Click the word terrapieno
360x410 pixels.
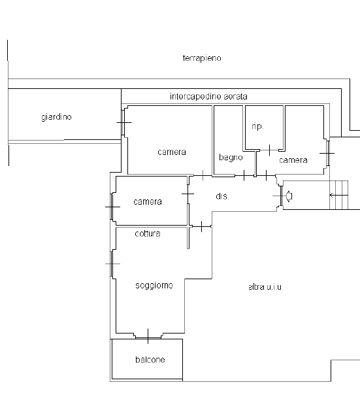pyautogui.click(x=202, y=58)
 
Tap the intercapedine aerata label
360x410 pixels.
pyautogui.click(x=208, y=97)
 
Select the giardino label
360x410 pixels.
pyautogui.click(x=56, y=116)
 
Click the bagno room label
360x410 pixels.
pyautogui.click(x=231, y=158)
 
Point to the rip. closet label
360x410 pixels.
pyautogui.click(x=257, y=126)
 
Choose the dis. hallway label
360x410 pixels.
pyautogui.click(x=222, y=196)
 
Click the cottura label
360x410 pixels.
pyautogui.click(x=148, y=233)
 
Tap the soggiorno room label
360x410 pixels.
pyautogui.click(x=154, y=285)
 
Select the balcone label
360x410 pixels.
pyautogui.click(x=150, y=360)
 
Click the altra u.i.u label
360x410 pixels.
pyautogui.click(x=265, y=287)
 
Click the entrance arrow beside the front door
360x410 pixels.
pyautogui.click(x=289, y=196)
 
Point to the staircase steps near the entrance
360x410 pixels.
pyautogui.click(x=339, y=195)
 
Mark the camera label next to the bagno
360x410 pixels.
pyautogui.click(x=293, y=160)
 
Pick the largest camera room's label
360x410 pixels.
pyautogui.click(x=172, y=152)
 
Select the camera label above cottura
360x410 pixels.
pyautogui.click(x=148, y=201)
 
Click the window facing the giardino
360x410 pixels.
pyautogui.click(x=123, y=122)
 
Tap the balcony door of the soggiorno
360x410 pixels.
pyautogui.click(x=148, y=337)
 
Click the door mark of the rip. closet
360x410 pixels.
pyautogui.click(x=269, y=150)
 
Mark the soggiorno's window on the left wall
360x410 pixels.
pyautogui.click(x=112, y=264)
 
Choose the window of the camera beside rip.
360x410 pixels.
pyautogui.click(x=328, y=153)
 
